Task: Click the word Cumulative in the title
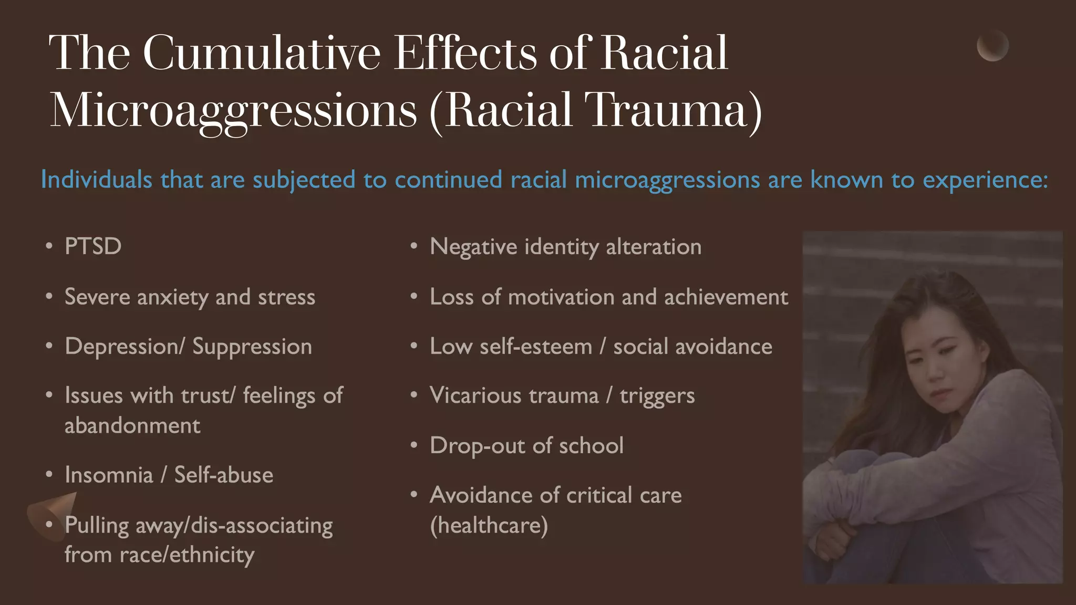point(261,53)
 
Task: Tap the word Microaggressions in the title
point(233,110)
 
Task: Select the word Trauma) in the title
point(674,110)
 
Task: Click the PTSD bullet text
point(93,246)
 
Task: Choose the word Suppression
point(252,347)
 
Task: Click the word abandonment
point(132,425)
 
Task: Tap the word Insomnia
point(109,475)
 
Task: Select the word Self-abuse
point(224,475)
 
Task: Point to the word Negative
point(473,247)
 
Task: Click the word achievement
point(726,297)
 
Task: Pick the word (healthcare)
point(489,525)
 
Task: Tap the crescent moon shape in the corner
point(992,46)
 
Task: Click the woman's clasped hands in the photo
point(835,541)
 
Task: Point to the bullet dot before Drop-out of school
point(414,446)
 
